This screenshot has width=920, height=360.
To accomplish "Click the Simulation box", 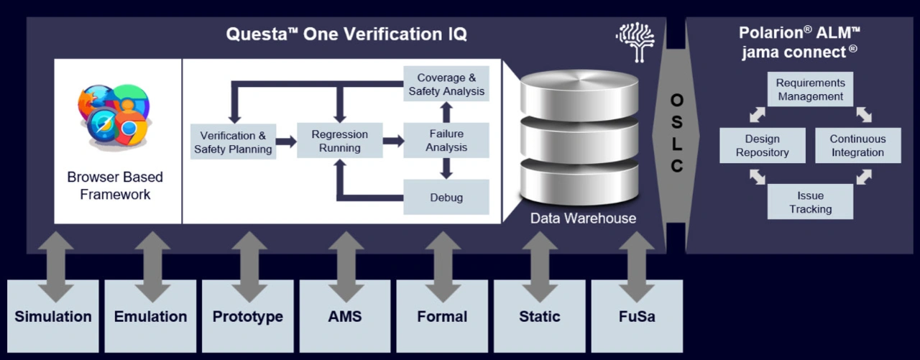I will tap(53, 316).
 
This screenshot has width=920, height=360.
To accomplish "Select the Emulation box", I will tap(150, 316).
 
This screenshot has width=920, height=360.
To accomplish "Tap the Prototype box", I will tap(247, 316).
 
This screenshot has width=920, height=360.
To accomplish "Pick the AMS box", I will tap(345, 316).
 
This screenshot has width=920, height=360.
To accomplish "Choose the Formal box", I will tap(442, 316).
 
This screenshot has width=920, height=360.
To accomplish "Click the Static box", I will tap(539, 316).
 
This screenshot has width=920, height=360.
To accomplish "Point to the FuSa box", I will tap(637, 316).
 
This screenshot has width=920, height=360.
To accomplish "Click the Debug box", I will tap(446, 198).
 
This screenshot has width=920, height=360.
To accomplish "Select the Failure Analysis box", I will tap(446, 141).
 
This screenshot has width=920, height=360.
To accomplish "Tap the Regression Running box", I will tap(340, 141).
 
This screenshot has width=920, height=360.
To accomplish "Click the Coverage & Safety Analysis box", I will tap(446, 84).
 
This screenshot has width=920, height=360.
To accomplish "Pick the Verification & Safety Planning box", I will tap(233, 142).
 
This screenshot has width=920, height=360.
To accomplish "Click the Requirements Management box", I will tap(811, 90).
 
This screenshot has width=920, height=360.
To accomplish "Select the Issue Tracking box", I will tap(811, 202).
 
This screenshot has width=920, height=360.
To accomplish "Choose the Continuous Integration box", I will tap(857, 145).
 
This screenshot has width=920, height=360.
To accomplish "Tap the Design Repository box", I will tap(763, 145).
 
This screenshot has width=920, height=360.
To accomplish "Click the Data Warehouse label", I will tap(583, 218).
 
